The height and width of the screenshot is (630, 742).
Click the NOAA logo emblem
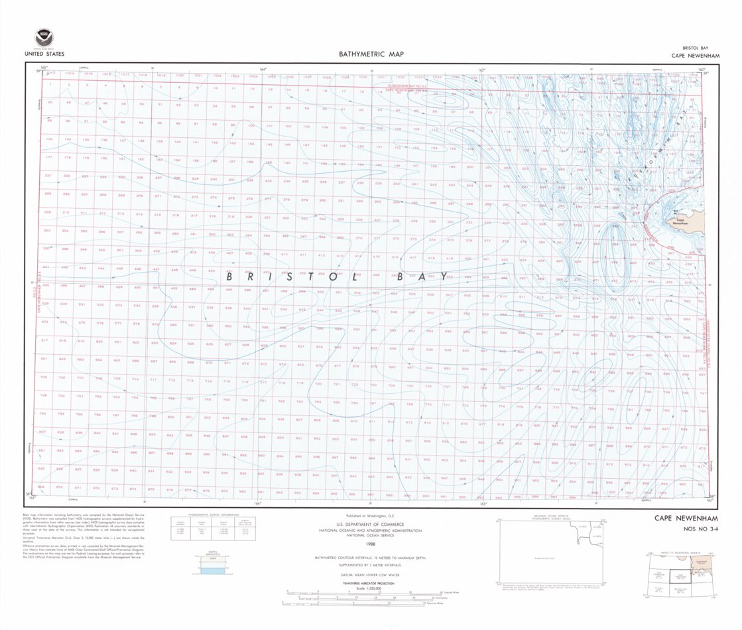(44, 38)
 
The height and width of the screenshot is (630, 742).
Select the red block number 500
(320, 292)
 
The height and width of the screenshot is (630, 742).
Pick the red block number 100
(251, 125)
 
